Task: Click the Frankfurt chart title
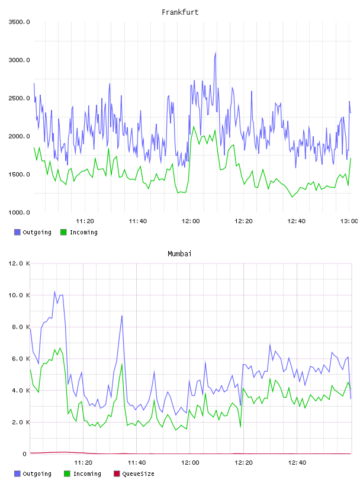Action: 180,12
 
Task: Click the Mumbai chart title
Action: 179,254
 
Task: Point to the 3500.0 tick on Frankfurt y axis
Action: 19,22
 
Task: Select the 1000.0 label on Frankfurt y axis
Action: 19,212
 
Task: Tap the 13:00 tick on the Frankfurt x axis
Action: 349,221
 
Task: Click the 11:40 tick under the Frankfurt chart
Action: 138,221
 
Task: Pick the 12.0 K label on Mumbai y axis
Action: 19,263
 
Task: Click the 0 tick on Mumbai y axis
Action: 24,454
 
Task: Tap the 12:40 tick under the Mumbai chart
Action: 297,463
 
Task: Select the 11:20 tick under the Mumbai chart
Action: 83,463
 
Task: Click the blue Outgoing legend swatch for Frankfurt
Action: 17,232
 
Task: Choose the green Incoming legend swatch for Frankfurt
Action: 63,232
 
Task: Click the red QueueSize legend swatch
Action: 117,474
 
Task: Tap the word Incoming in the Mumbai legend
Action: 87,474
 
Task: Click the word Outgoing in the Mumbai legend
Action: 37,474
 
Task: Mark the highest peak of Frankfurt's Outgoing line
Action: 216,52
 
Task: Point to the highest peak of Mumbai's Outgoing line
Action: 55,291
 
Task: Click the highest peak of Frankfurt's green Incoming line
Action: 194,127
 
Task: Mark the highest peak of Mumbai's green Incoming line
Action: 60,348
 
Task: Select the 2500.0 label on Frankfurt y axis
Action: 19,98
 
